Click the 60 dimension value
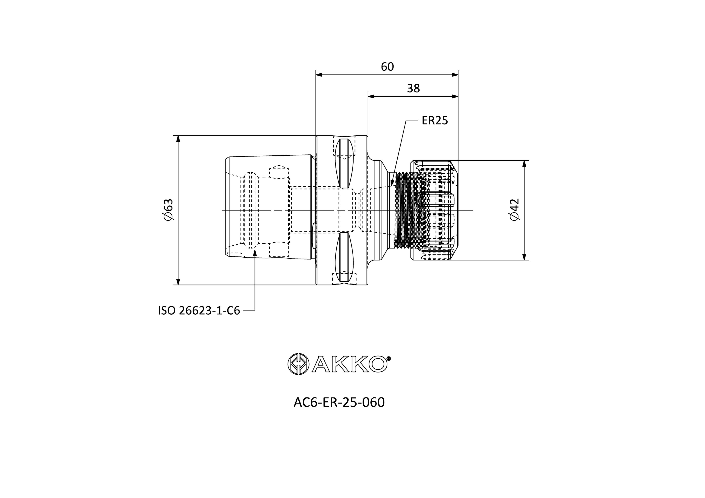coord(387,67)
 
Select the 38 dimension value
coord(413,88)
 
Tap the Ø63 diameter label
coord(169,210)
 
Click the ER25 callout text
coord(435,121)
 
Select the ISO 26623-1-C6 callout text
coord(199,311)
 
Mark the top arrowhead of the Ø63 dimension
coord(178,139)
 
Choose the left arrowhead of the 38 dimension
coord(372,96)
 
